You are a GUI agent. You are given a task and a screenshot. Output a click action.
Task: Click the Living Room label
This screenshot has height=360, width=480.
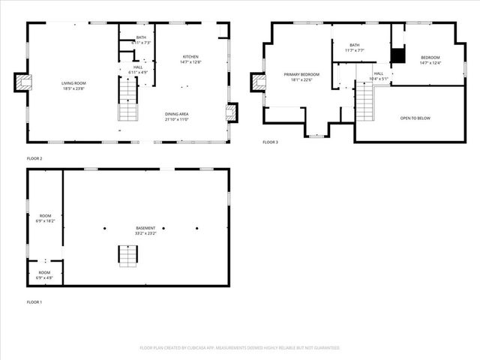pos(73,82)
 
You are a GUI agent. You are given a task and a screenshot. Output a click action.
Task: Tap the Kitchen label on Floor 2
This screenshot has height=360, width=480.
pos(190,57)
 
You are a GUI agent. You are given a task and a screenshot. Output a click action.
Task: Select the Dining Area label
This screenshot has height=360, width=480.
pos(177,114)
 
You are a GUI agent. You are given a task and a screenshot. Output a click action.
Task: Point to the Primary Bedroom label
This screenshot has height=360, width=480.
pos(301,74)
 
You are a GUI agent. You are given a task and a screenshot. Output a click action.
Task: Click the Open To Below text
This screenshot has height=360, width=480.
pos(415,118)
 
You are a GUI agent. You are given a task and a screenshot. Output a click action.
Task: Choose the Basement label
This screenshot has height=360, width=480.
pos(145,228)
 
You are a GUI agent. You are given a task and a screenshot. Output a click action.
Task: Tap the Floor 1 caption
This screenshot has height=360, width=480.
pos(34,301)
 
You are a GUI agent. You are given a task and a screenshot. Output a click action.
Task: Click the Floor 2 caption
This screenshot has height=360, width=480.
pos(34,158)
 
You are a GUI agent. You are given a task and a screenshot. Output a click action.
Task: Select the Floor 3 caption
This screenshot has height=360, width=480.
pos(270,142)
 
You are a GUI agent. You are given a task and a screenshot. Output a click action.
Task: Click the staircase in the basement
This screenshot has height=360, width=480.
pos(127,255)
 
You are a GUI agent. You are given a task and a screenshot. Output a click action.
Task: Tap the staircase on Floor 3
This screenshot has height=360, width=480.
pos(364,103)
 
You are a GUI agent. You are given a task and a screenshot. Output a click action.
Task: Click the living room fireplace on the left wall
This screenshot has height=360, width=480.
pos(22,82)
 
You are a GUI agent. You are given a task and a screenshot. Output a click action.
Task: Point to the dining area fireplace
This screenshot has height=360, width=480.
pos(231,112)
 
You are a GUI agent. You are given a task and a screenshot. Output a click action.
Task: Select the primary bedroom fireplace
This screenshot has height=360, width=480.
pos(257,82)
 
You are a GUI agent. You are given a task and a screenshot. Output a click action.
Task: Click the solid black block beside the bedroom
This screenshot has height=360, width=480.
pos(397,55)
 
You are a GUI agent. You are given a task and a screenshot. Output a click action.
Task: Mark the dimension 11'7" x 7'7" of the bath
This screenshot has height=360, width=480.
pos(354,50)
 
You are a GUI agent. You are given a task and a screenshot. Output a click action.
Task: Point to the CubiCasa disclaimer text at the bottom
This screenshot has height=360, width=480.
pos(240,348)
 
